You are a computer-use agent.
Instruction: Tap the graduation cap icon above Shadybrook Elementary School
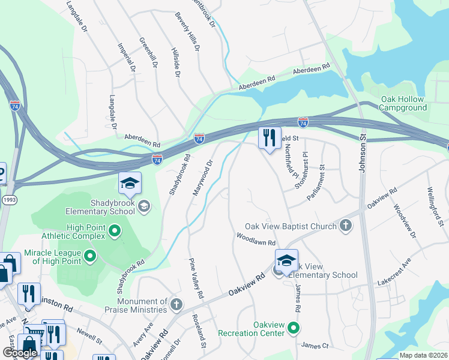(x=130, y=184)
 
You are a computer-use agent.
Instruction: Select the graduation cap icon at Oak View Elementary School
(x=287, y=260)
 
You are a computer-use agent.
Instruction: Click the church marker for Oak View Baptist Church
(x=345, y=226)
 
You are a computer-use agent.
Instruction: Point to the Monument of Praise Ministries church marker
(x=176, y=304)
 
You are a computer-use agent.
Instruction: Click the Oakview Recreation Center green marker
(x=293, y=328)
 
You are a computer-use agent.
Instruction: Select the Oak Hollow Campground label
(x=402, y=103)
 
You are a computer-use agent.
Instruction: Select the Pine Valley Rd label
(x=196, y=278)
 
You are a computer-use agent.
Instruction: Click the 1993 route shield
(x=7, y=199)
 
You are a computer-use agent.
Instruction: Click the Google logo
(x=20, y=353)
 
